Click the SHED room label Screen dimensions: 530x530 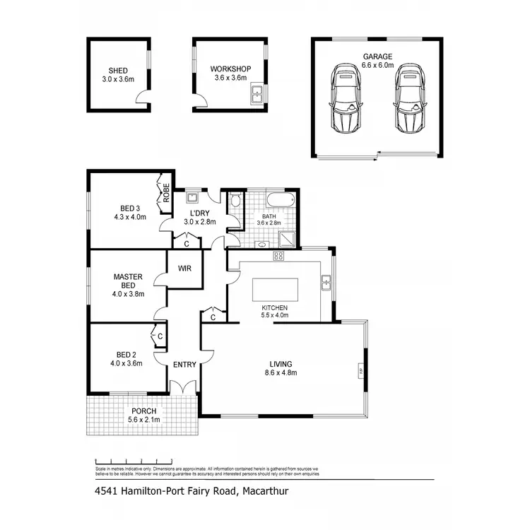click(x=119, y=71)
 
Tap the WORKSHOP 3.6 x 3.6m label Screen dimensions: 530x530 click(x=230, y=69)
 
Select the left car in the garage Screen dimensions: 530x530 click(x=345, y=99)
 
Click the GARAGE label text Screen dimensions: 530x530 click(x=378, y=56)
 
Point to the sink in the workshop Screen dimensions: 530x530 click(x=259, y=92)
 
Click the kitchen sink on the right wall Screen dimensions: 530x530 click(x=326, y=283)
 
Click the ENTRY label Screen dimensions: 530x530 click(x=185, y=364)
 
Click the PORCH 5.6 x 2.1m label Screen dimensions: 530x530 click(x=143, y=415)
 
